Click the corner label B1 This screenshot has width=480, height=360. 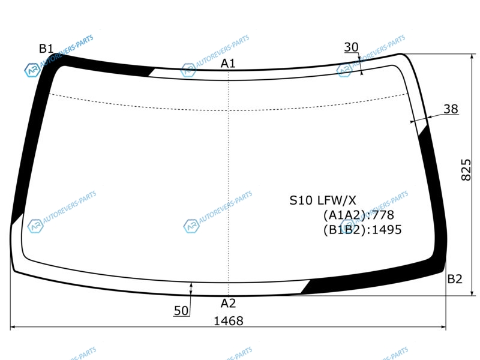46,49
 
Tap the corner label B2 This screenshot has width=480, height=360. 455,279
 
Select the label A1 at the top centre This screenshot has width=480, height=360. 228,64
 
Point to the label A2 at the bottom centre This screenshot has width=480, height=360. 229,304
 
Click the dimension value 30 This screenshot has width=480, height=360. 351,47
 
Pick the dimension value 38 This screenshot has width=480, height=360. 451,109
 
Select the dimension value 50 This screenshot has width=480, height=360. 181,311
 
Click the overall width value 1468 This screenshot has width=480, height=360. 229,321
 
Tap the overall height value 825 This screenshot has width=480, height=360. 466,170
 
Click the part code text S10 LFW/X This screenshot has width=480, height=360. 323,200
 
